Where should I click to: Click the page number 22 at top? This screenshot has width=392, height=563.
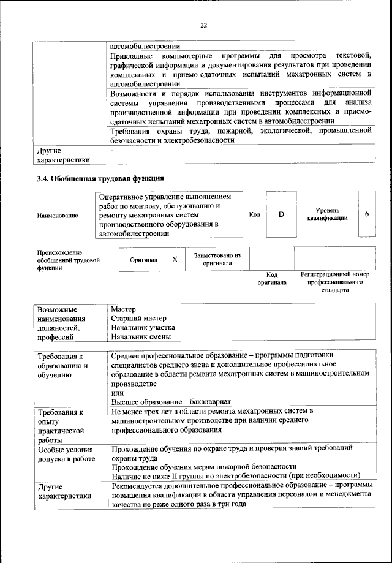203,25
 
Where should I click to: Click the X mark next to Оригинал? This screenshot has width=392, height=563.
175,259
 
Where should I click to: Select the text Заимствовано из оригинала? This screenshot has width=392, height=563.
217,259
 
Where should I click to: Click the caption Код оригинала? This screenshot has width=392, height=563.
271,279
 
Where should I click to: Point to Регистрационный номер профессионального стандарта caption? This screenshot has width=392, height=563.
335,282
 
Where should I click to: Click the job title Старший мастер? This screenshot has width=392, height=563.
139,318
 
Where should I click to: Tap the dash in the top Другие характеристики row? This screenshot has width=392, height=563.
112,149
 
